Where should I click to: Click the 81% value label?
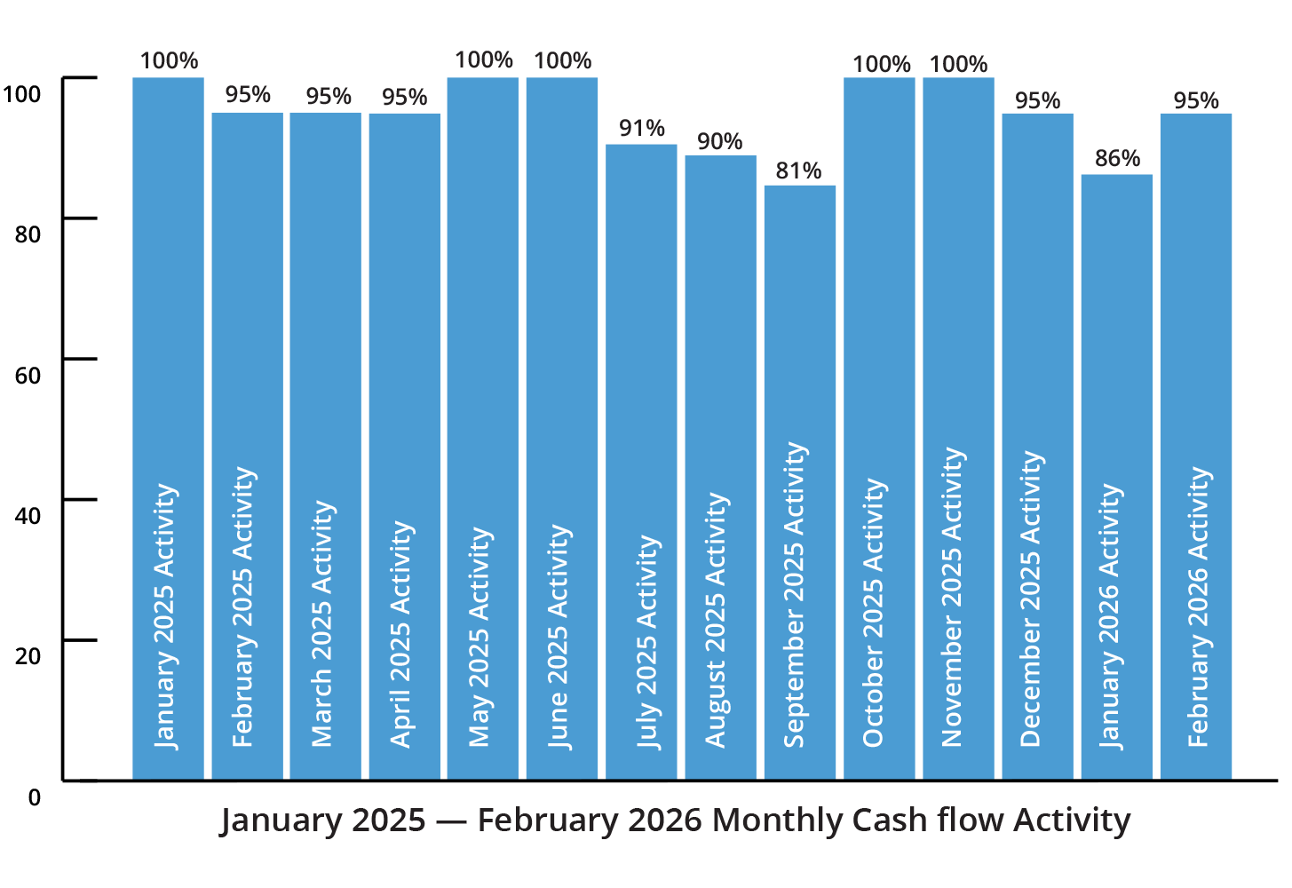[x=798, y=170]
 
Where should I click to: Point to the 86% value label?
[x=1117, y=159]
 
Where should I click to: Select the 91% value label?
[x=641, y=129]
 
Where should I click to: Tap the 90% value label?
[x=719, y=141]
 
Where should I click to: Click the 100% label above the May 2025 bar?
[x=483, y=60]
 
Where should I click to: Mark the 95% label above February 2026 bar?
[x=1195, y=101]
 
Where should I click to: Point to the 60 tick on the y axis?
[x=28, y=376]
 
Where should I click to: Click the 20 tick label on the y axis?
[x=28, y=656]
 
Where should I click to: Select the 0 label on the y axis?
[x=34, y=797]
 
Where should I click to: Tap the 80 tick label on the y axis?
[x=28, y=235]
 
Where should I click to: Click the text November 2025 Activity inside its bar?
[x=952, y=597]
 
